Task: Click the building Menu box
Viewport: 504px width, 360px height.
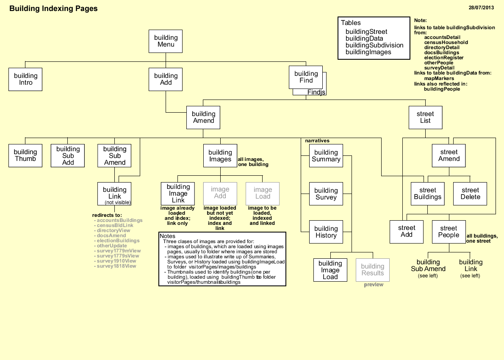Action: pos(166,41)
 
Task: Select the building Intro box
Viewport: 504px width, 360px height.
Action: pos(25,79)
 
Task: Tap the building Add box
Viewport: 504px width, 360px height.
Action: pos(166,79)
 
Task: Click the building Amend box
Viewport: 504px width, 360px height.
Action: pos(203,117)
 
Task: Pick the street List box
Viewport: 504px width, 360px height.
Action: pos(425,117)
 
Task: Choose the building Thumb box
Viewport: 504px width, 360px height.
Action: pos(25,155)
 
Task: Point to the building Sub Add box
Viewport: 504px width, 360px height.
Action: pos(68,155)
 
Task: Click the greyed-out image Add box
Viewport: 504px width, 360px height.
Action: pos(220,193)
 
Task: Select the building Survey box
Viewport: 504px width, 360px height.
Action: pos(326,194)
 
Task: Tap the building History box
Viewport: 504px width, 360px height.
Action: pos(326,232)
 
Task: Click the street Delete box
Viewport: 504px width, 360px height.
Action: pos(470,194)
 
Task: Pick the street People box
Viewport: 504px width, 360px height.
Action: pos(449,232)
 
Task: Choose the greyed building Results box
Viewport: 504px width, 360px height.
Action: pos(372,270)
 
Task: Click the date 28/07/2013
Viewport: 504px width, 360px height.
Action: pos(481,8)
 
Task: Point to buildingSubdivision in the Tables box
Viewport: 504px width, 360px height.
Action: pos(374,45)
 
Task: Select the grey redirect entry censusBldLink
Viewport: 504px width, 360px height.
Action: pos(115,225)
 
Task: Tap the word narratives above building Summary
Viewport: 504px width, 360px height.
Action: pos(317,141)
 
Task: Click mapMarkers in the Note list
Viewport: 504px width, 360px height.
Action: pos(439,78)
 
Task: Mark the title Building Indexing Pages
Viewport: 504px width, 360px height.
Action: pos(53,8)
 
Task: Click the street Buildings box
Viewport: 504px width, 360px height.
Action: pos(427,194)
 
